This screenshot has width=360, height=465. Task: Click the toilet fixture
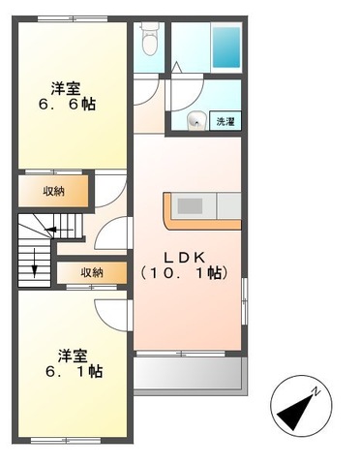[148, 41]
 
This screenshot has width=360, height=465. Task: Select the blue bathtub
[226, 45]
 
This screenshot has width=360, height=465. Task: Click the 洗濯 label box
[225, 121]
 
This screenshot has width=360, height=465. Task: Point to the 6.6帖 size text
[72, 104]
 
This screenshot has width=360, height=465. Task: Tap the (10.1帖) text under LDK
[184, 274]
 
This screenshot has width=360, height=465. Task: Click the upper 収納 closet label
[52, 190]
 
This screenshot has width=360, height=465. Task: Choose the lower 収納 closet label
[92, 273]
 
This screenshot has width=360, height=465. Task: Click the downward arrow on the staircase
[36, 262]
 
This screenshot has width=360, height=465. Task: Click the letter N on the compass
[315, 392]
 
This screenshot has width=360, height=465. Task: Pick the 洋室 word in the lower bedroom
[72, 354]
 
